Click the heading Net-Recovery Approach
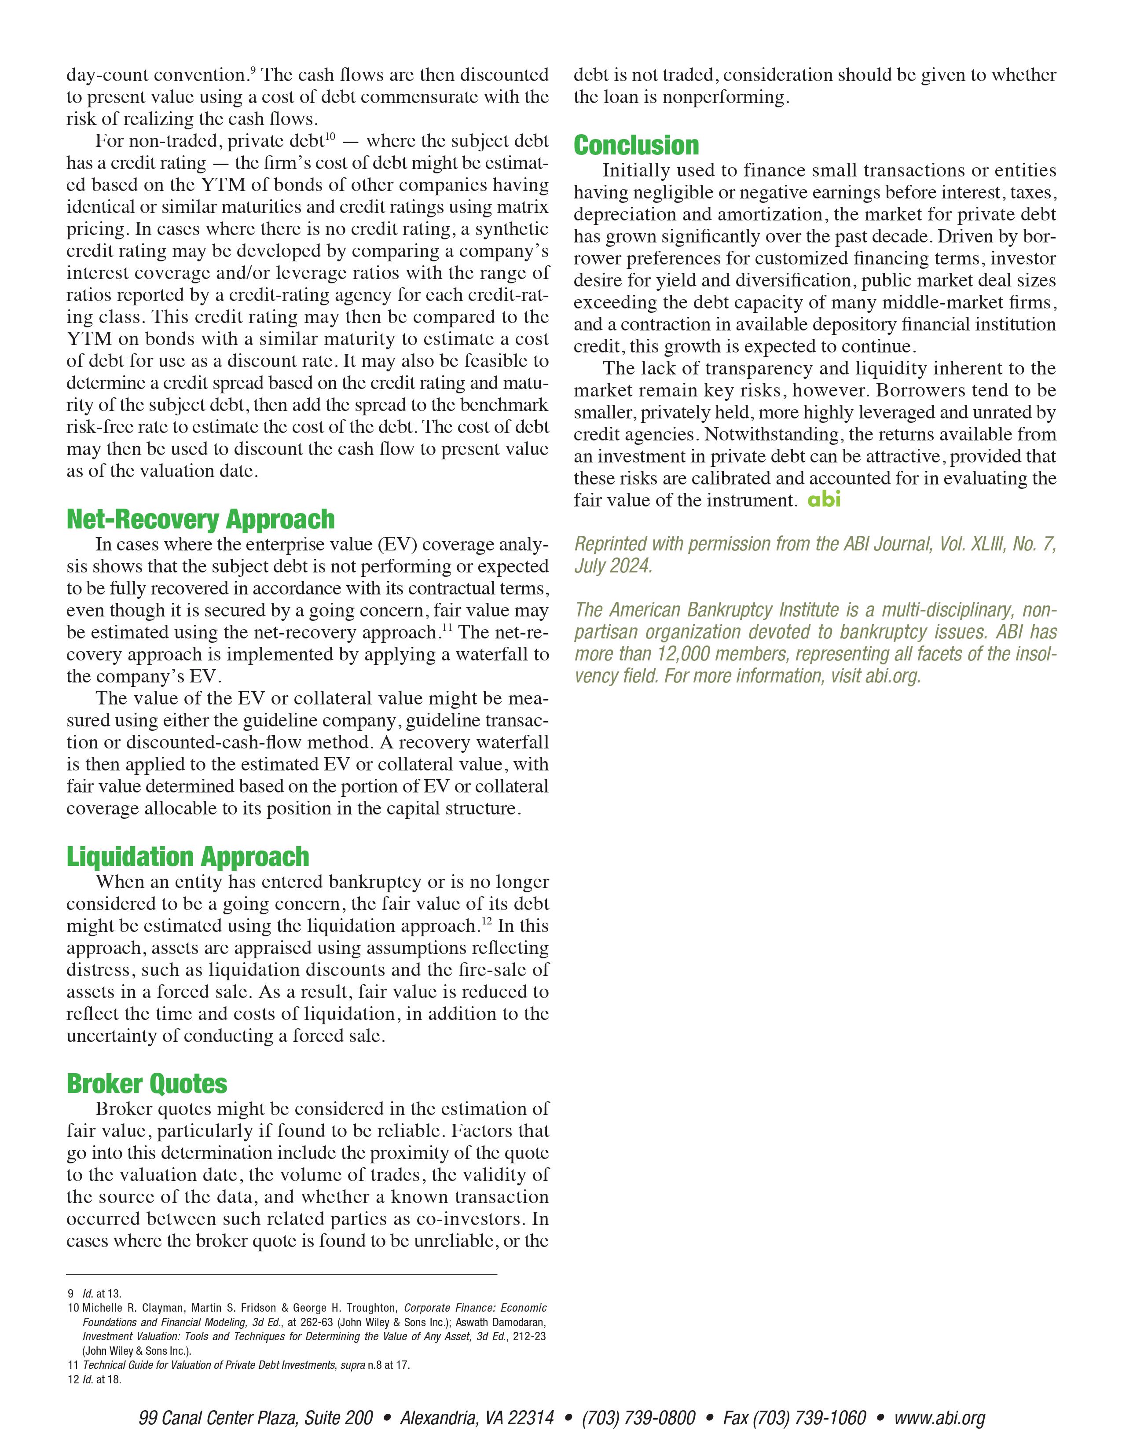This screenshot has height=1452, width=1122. pyautogui.click(x=200, y=519)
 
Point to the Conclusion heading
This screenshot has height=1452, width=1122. pyautogui.click(x=636, y=146)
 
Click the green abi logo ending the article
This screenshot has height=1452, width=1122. pyautogui.click(x=824, y=499)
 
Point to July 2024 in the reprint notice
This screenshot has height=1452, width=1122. pyautogui.click(x=613, y=566)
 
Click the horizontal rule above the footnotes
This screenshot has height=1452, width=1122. pyautogui.click(x=282, y=1275)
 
